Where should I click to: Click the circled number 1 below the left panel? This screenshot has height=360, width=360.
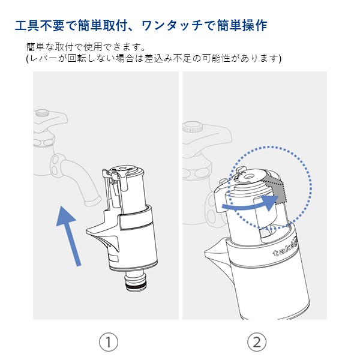109,342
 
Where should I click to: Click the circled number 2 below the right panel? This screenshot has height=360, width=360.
257,342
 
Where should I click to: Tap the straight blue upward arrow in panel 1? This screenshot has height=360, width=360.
68,236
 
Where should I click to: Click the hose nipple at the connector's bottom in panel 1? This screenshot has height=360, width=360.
135,281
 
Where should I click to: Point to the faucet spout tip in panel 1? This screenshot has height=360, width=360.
92,200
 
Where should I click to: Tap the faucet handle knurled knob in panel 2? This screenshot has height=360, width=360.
193,127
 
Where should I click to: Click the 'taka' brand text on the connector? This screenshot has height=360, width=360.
284,250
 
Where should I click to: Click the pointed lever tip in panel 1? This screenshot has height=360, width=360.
88,232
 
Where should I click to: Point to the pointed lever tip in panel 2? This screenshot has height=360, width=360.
205,252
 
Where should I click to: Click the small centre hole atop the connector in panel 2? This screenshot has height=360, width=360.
248,176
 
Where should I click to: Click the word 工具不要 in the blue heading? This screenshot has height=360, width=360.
40,25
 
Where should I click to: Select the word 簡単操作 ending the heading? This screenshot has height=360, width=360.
242,25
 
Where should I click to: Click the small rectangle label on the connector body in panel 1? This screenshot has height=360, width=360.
113,258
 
